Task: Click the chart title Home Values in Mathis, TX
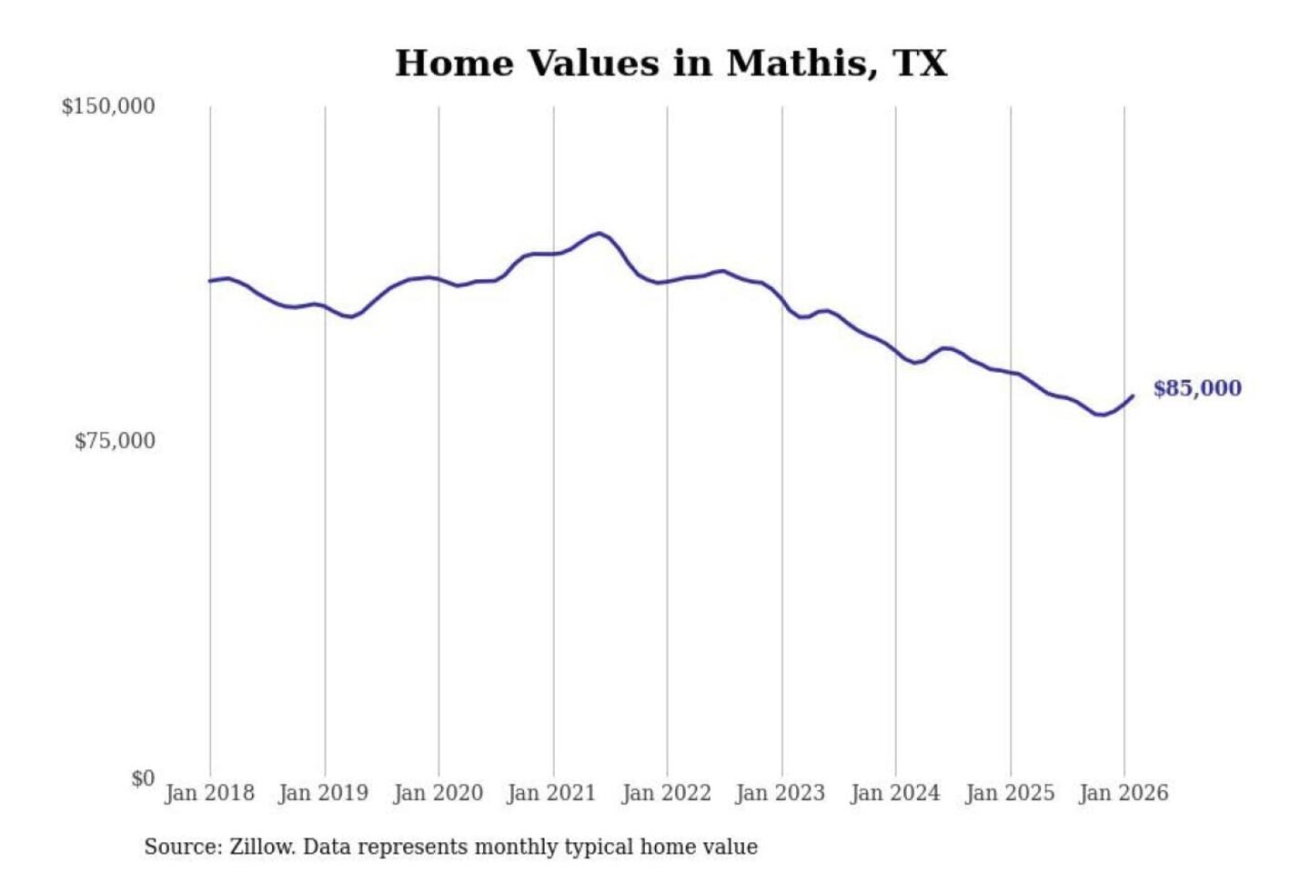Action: click(670, 63)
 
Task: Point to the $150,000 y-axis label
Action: click(108, 106)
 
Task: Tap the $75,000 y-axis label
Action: click(115, 441)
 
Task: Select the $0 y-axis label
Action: click(143, 778)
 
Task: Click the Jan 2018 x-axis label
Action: click(209, 793)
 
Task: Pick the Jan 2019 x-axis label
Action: click(323, 793)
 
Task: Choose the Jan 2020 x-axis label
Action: click(438, 793)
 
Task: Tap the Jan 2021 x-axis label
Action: click(551, 793)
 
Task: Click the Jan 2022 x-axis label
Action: click(666, 793)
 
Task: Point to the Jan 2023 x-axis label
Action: click(780, 793)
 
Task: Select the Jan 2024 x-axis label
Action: click(894, 793)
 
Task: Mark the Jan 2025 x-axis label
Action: click(1009, 793)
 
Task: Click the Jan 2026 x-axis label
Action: click(1123, 793)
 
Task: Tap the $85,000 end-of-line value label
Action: click(1197, 388)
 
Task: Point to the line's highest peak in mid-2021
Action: click(599, 233)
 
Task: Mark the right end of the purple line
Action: click(1133, 396)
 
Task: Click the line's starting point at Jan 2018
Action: click(210, 281)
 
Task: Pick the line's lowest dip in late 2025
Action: click(1102, 415)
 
